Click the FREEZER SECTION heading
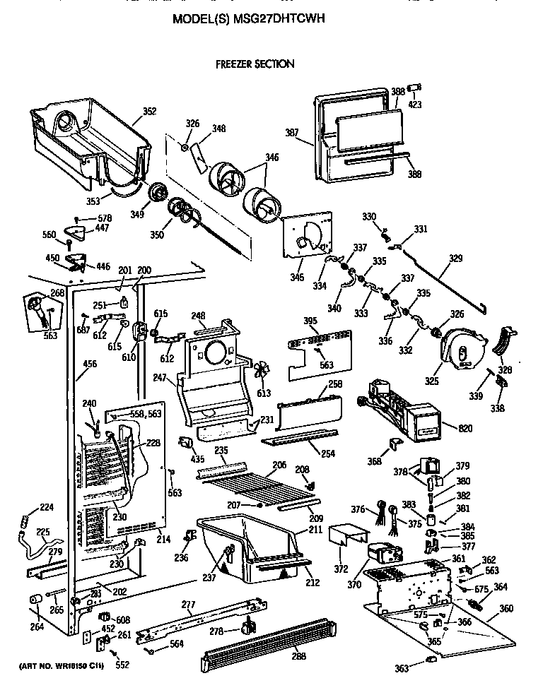(255, 64)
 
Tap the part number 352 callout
(149, 111)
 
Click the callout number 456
(90, 364)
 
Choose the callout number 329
(456, 259)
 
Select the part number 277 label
(187, 604)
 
